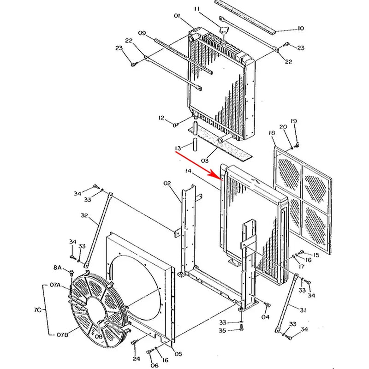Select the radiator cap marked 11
(224, 30)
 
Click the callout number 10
(300, 29)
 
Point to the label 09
(142, 33)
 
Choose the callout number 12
(161, 119)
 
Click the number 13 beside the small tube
(178, 148)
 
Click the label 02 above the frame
(167, 184)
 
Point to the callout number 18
(272, 133)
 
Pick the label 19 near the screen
(294, 121)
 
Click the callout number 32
(84, 215)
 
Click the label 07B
(61, 334)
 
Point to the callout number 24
(136, 358)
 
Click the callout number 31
(303, 310)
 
